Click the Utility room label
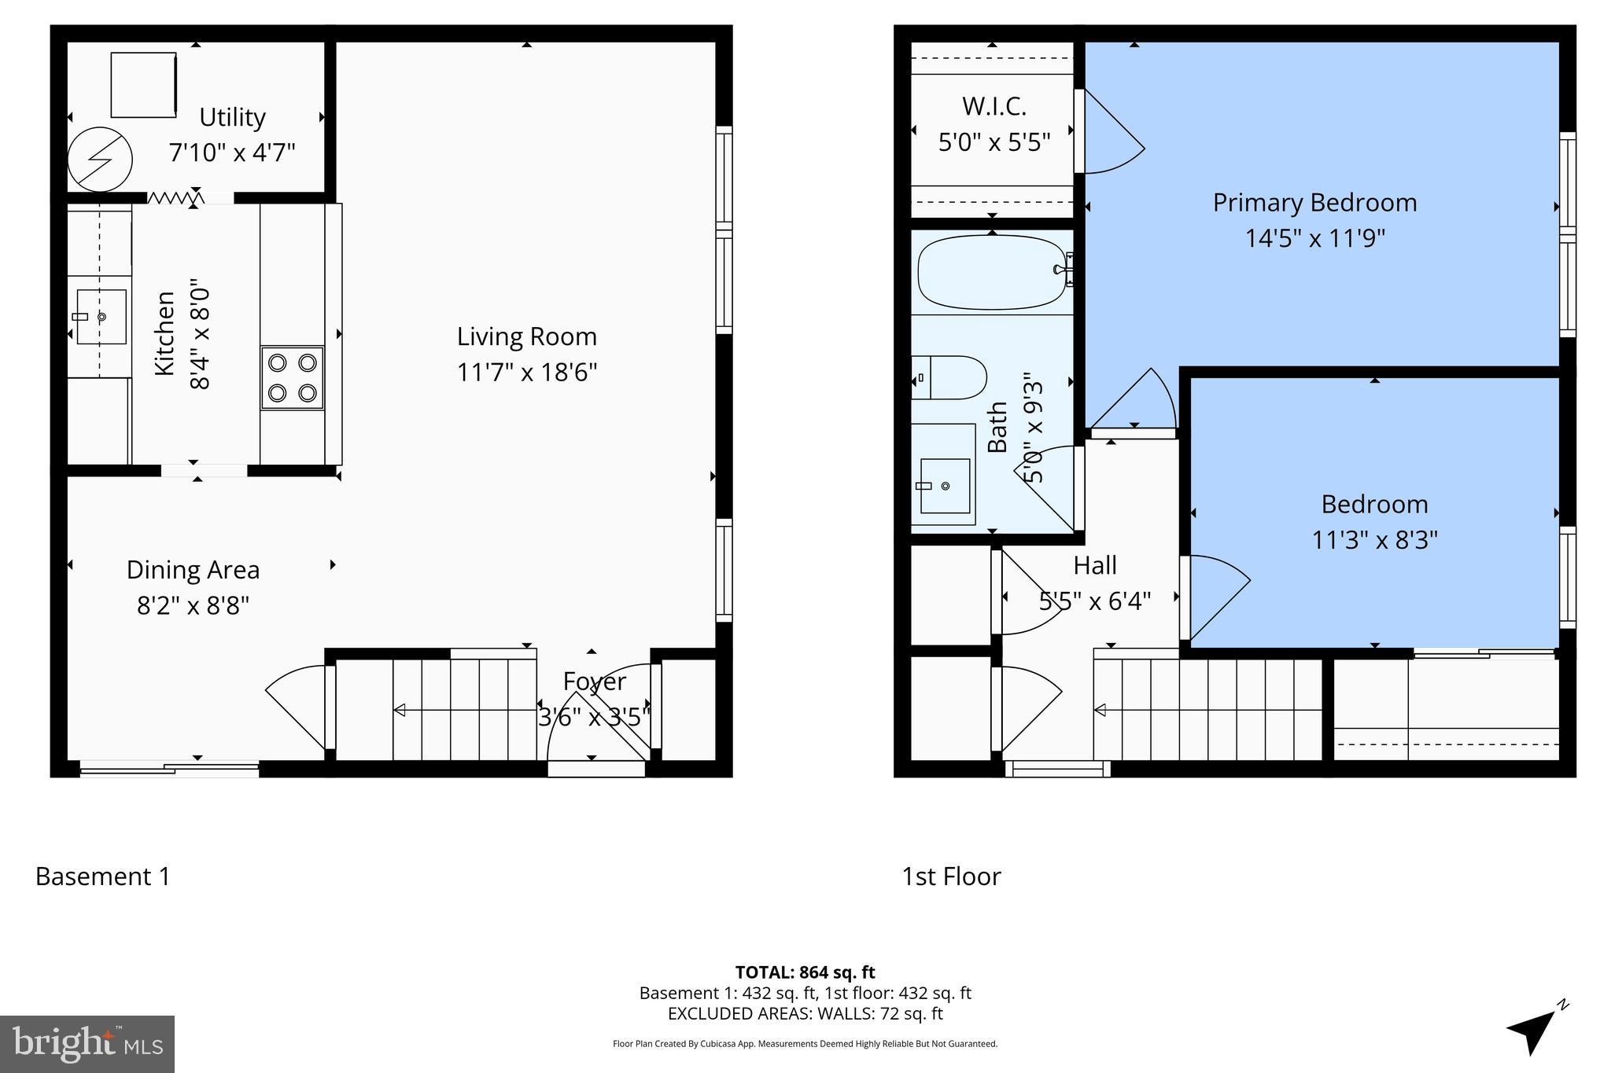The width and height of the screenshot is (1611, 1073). click(x=232, y=117)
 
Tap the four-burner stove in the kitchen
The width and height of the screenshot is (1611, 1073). click(x=293, y=377)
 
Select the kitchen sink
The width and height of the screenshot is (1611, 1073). click(x=101, y=317)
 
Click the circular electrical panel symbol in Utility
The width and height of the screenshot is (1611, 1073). click(x=100, y=160)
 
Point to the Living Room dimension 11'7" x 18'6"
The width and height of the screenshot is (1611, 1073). click(x=527, y=372)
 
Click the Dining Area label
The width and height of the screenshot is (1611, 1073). click(x=193, y=570)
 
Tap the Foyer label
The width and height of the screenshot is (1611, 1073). click(x=595, y=681)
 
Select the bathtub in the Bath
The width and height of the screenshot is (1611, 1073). click(x=991, y=272)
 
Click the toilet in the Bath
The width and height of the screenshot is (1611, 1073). click(x=950, y=377)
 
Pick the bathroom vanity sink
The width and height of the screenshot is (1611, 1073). click(x=944, y=486)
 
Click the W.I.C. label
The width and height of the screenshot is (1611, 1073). click(x=994, y=106)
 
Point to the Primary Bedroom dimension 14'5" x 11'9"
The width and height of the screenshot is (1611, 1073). click(x=1314, y=237)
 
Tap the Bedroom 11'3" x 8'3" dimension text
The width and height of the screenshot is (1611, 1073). click(x=1374, y=540)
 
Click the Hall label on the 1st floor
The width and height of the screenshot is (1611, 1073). click(x=1095, y=565)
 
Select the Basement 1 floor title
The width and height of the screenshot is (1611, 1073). click(x=103, y=876)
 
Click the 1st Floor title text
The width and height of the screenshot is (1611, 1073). click(x=951, y=876)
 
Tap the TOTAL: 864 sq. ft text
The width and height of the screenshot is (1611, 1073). click(x=805, y=972)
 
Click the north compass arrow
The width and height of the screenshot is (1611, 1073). click(x=1533, y=1030)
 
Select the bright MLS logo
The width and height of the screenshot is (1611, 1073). click(x=87, y=1044)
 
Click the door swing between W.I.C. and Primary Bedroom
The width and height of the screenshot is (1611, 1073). click(x=1109, y=134)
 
